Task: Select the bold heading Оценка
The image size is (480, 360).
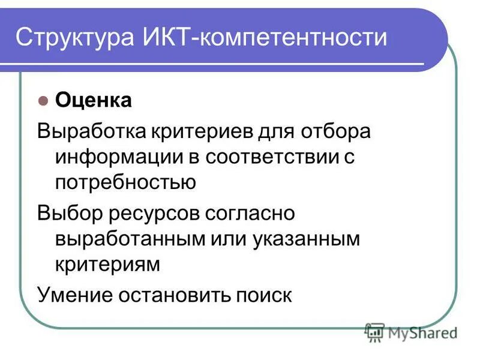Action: (x=93, y=100)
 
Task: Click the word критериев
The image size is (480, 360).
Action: (x=198, y=131)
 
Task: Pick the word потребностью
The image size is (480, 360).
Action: (x=125, y=182)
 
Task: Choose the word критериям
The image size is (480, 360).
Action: (x=107, y=264)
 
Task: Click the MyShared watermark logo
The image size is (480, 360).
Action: (x=411, y=332)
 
